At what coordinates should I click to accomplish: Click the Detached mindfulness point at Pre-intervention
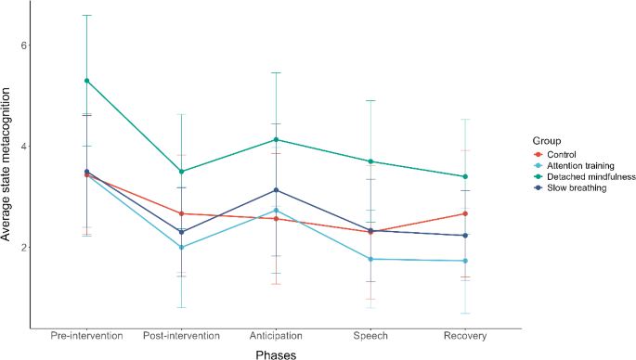86,81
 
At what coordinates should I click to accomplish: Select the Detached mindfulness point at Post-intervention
182,172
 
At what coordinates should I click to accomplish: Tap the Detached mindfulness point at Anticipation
277,140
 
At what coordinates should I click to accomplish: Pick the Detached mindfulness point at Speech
371,161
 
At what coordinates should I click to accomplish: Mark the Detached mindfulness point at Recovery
465,176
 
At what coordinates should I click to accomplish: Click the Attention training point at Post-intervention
182,247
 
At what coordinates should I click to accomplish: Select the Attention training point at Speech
371,259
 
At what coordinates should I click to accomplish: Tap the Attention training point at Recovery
465,261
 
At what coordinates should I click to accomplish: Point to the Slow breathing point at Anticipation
277,190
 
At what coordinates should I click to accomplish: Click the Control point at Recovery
465,213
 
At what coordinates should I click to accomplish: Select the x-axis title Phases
276,353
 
